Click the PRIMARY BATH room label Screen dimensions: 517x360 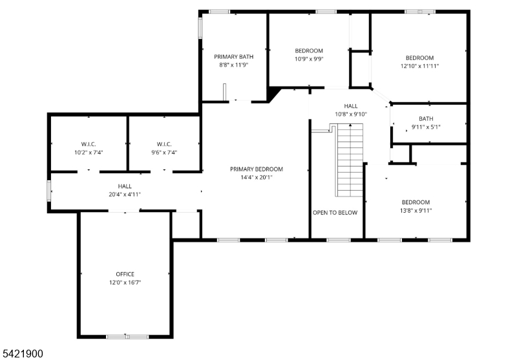[x=234, y=57]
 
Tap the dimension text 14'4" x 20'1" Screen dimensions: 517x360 [x=257, y=177]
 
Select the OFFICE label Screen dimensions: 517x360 [x=125, y=274]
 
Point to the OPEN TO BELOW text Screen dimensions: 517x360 [x=335, y=213]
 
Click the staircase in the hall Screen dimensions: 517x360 [x=350, y=160]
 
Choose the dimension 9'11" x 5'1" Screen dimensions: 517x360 [x=426, y=127]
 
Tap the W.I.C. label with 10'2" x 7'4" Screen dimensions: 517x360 [x=89, y=144]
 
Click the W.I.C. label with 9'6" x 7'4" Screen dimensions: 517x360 [x=164, y=144]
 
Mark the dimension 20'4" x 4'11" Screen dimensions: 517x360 [x=125, y=195]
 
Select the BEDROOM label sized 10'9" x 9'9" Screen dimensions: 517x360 [x=309, y=51]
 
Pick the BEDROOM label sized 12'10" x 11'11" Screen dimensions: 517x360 [x=419, y=58]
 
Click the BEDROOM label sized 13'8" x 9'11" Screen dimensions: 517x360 [x=416, y=202]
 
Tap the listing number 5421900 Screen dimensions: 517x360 [x=22, y=354]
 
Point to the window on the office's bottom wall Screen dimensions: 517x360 [x=127, y=337]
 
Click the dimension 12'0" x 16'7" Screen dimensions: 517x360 [x=125, y=282]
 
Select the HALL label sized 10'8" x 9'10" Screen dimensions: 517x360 [x=351, y=106]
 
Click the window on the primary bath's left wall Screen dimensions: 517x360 [x=200, y=28]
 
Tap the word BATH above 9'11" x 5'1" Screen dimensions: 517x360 [x=426, y=119]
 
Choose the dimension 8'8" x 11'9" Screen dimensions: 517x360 [x=234, y=65]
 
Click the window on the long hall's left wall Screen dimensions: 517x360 [x=49, y=191]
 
